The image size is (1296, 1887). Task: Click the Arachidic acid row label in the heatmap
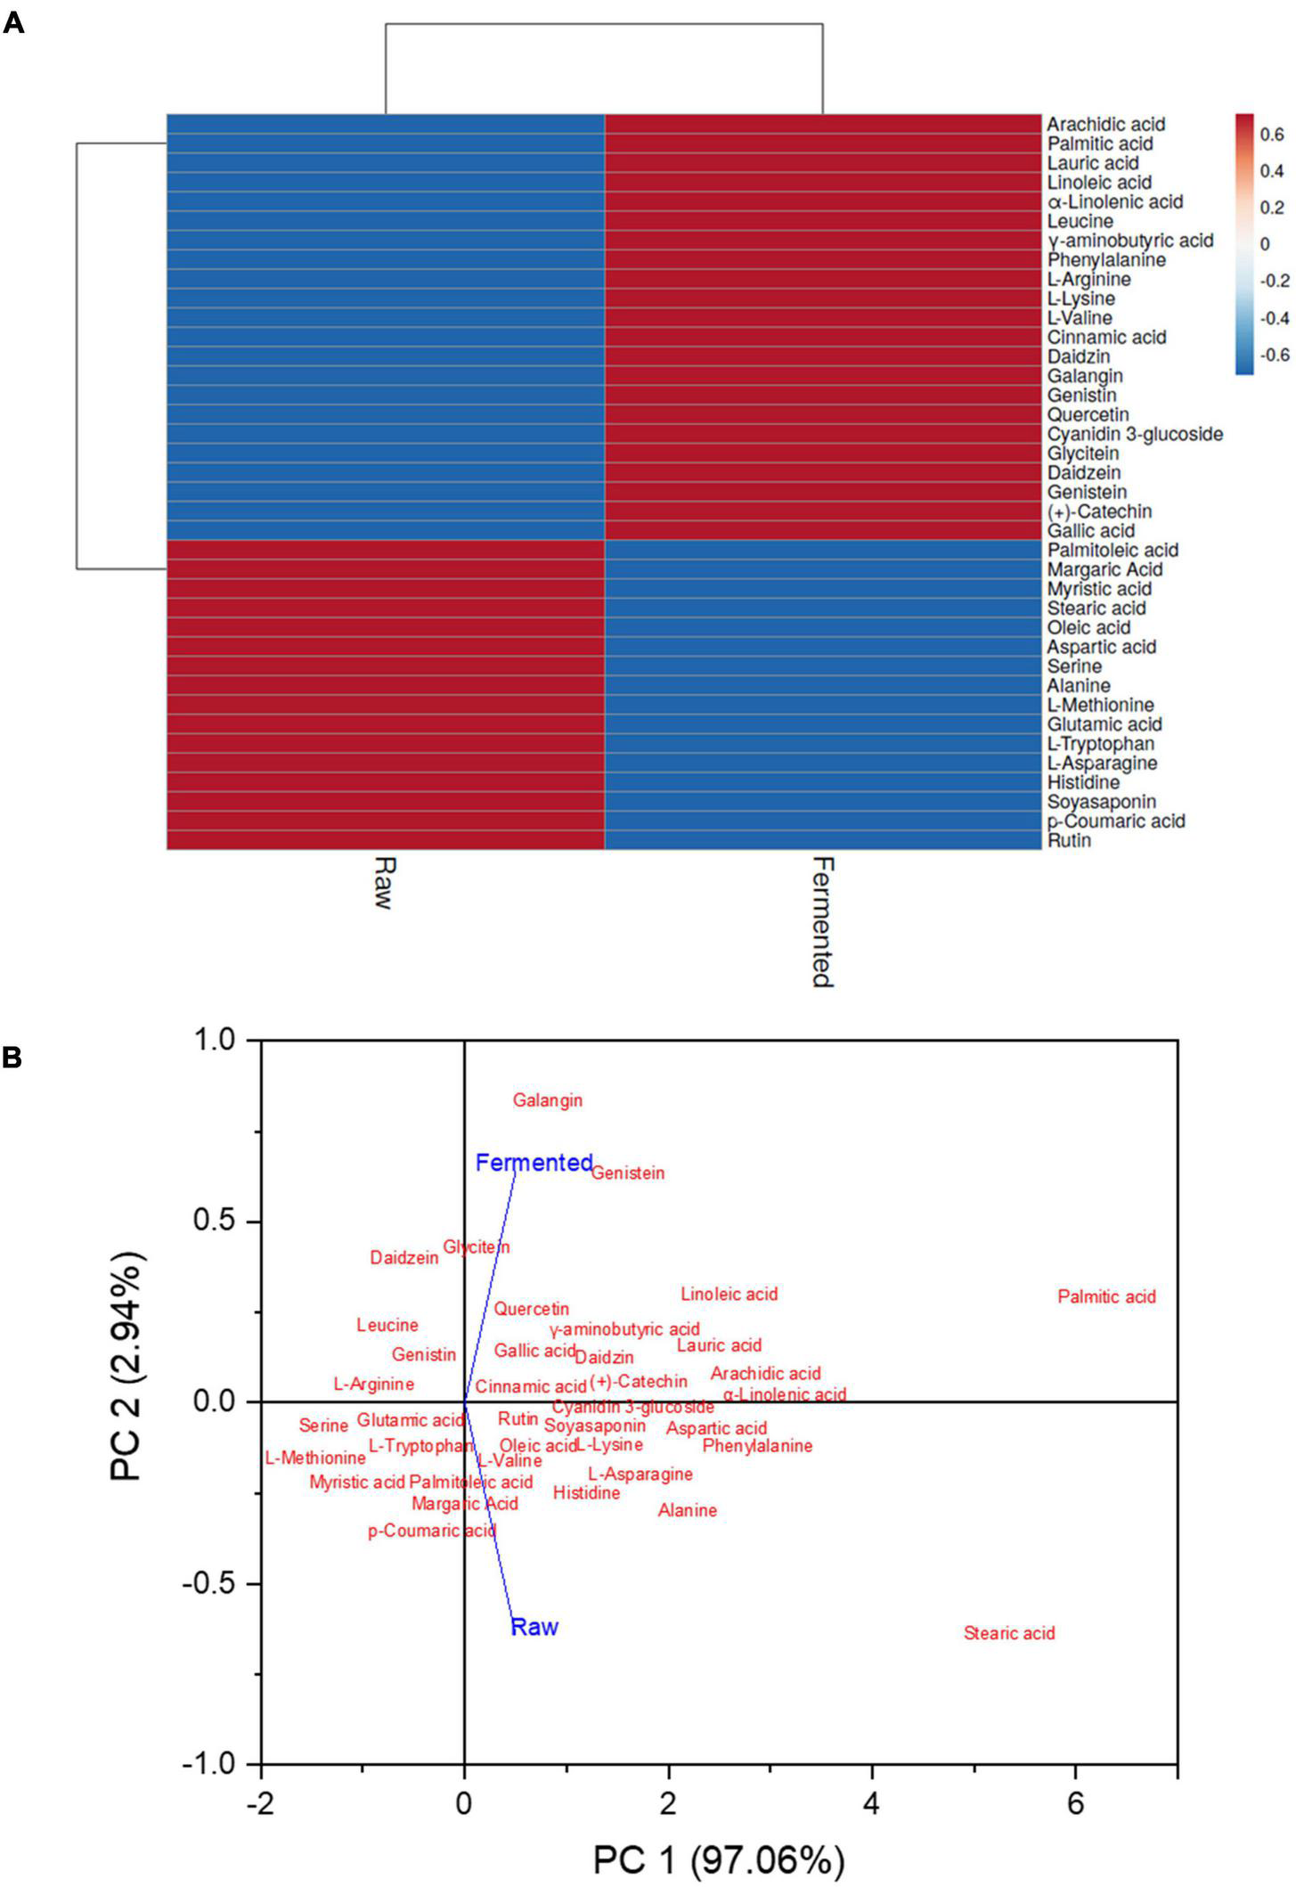tap(1105, 125)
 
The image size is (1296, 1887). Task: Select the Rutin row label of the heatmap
tap(1069, 840)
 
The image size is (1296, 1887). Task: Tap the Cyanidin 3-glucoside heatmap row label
tap(1135, 434)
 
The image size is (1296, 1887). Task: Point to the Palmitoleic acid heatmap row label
tap(1113, 550)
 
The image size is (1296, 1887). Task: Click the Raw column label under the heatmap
tap(383, 882)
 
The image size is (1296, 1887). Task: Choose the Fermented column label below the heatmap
tap(822, 921)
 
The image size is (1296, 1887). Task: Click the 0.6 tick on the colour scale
tap(1272, 135)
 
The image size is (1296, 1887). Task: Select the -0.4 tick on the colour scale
tap(1274, 318)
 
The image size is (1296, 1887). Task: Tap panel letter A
tap(13, 24)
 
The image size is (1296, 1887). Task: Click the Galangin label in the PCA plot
tap(547, 1100)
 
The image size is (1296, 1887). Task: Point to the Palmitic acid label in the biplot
tap(1106, 1296)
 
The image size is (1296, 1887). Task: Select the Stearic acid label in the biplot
tap(1009, 1632)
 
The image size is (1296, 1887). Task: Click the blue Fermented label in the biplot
tap(534, 1162)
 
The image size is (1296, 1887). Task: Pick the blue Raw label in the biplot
tap(534, 1626)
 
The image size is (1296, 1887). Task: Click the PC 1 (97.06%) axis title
tap(718, 1860)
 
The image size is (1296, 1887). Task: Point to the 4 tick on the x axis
tap(871, 1804)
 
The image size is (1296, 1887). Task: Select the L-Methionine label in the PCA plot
tap(315, 1458)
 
